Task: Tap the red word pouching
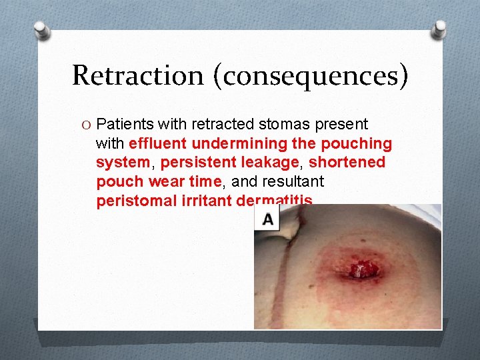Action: click(x=356, y=143)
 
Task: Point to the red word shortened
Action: click(x=347, y=163)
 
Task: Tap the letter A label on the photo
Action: click(x=268, y=219)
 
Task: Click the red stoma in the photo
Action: click(x=361, y=270)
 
